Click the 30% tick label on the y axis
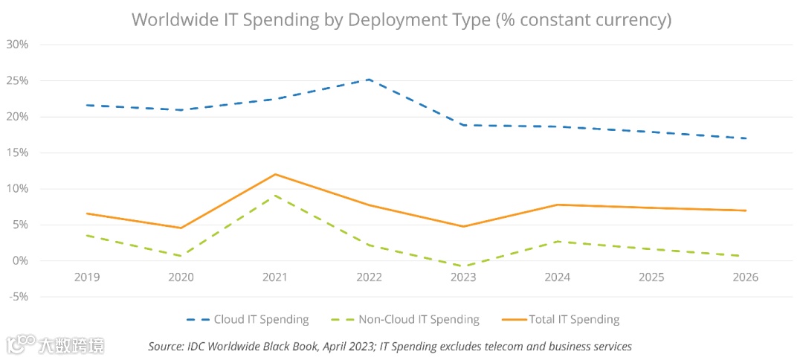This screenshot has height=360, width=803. click(x=17, y=44)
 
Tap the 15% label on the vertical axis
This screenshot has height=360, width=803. click(x=17, y=152)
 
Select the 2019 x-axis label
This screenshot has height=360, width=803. click(x=87, y=277)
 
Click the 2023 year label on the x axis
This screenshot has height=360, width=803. click(x=463, y=277)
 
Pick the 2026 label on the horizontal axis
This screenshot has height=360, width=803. click(x=745, y=277)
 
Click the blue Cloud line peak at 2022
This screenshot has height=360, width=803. click(x=369, y=79)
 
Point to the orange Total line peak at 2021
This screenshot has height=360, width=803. click(x=275, y=174)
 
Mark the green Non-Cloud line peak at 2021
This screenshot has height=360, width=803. click(x=275, y=195)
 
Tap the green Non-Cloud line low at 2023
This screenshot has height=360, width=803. click(x=463, y=266)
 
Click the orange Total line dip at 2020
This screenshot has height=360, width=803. click(x=181, y=228)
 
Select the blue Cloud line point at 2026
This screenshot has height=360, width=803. click(x=745, y=138)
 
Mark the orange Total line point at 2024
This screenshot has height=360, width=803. click(x=557, y=205)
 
